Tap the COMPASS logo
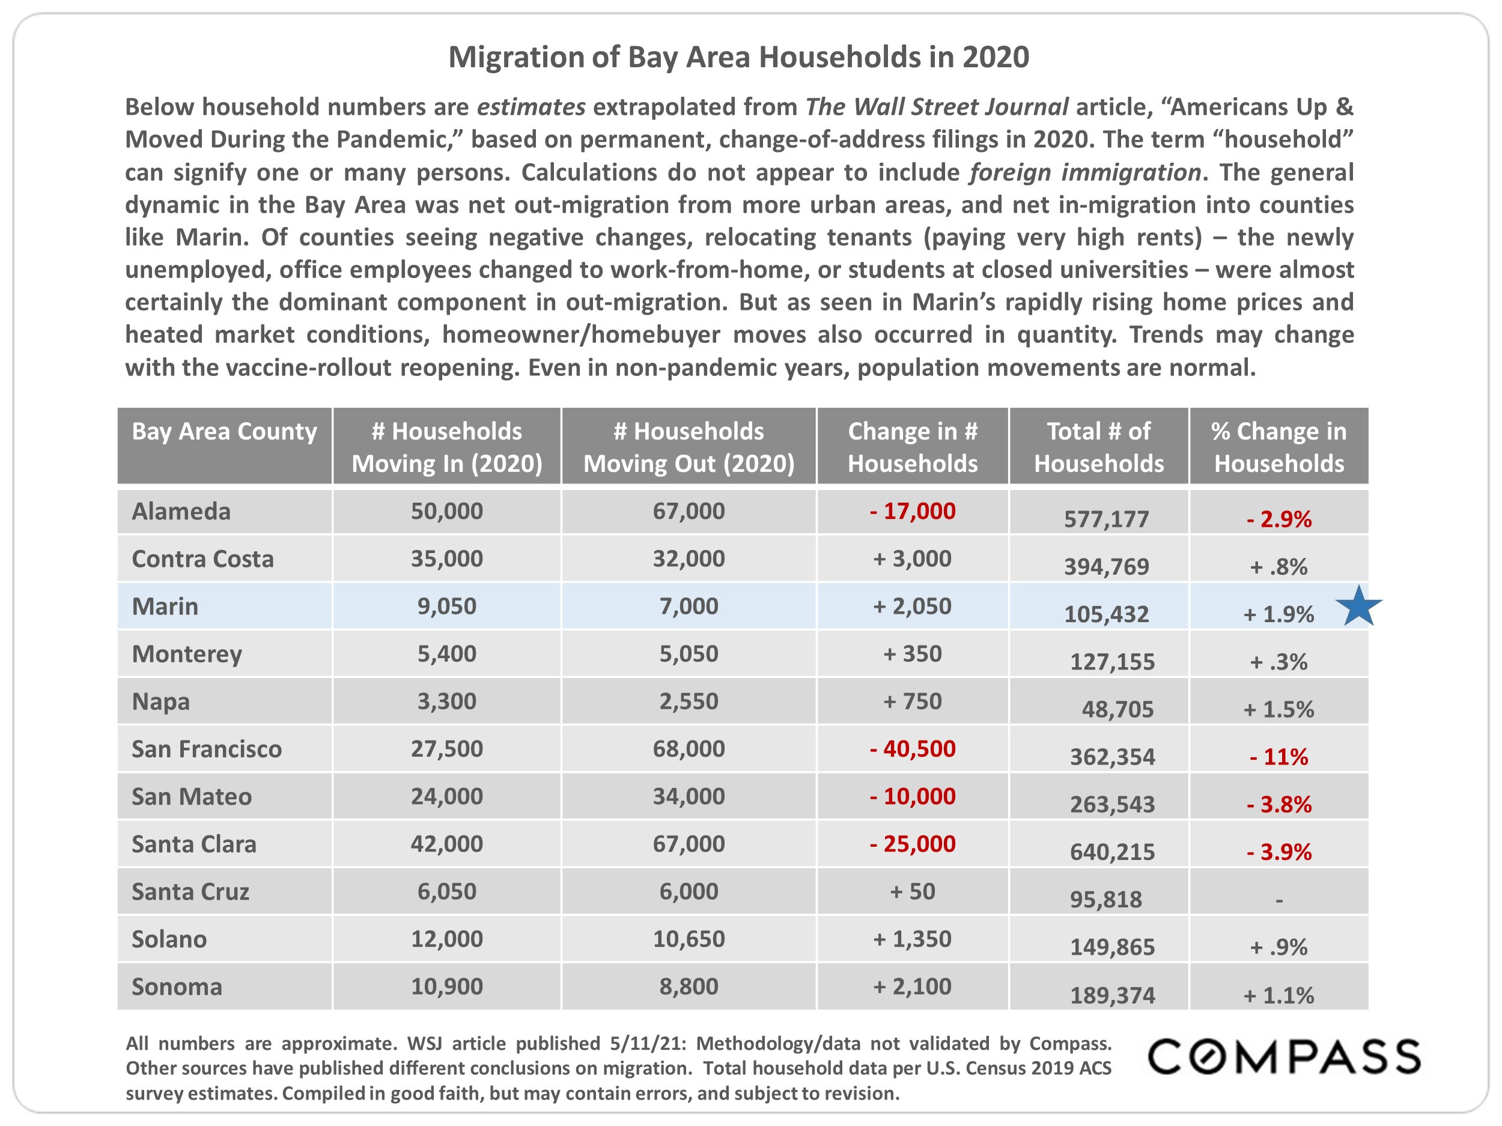tap(1284, 1057)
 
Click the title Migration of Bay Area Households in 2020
tap(739, 57)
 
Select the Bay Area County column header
tap(224, 432)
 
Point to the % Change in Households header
tap(1279, 447)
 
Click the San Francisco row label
tap(207, 749)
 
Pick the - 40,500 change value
tap(913, 749)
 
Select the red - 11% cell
tap(1279, 757)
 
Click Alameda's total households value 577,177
tap(1106, 519)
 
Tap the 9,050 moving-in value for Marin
tap(447, 606)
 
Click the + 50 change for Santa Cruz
tap(913, 891)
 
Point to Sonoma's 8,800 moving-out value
tap(689, 986)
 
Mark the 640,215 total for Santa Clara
tap(1112, 852)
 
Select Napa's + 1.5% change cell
tap(1279, 709)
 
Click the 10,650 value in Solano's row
tap(689, 939)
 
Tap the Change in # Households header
tap(913, 447)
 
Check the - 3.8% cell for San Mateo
tap(1279, 804)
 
